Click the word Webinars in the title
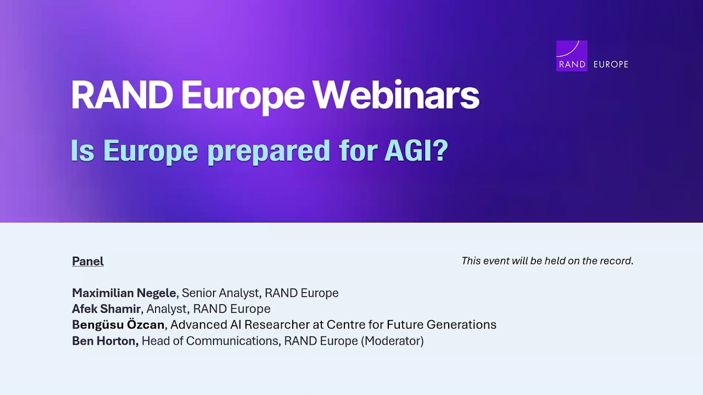(395, 95)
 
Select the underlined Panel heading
(88, 261)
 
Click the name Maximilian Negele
(124, 293)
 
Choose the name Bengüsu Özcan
(118, 325)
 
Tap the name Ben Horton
(104, 341)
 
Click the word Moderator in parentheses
(392, 341)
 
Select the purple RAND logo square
(572, 55)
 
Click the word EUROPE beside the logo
(611, 64)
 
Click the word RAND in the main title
(122, 95)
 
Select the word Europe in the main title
(242, 95)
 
